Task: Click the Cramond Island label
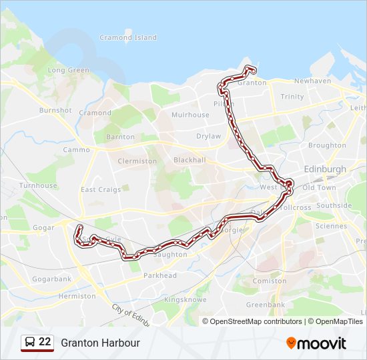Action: (128, 38)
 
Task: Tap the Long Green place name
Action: (68, 70)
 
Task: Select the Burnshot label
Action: (55, 110)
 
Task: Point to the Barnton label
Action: (120, 137)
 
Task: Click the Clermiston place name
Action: (137, 161)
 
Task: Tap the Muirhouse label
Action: (190, 115)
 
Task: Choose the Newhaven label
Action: (312, 81)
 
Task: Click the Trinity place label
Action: (292, 97)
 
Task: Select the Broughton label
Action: (327, 145)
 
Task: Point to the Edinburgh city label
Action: (325, 169)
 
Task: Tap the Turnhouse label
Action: (38, 185)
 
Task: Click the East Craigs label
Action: (101, 189)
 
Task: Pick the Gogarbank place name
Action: (51, 279)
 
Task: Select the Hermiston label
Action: (77, 295)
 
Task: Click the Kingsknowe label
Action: (186, 300)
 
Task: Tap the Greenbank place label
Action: (265, 305)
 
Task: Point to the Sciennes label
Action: (332, 226)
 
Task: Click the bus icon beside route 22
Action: (29, 343)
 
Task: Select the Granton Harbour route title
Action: (100, 343)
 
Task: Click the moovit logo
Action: (316, 343)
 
